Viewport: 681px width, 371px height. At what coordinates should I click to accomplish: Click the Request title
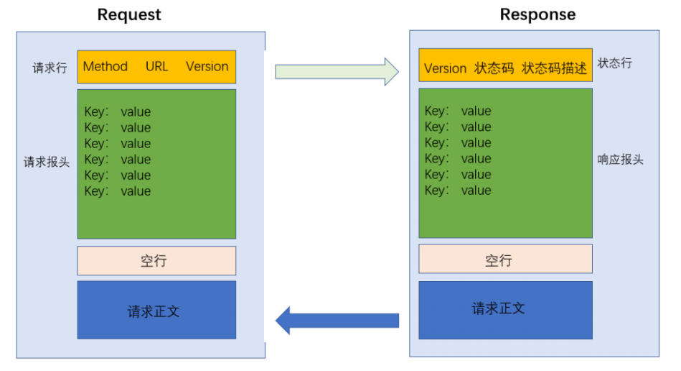(129, 15)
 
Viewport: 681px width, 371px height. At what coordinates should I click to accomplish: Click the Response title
(537, 14)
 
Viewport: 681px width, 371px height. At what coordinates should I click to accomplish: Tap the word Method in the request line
(105, 67)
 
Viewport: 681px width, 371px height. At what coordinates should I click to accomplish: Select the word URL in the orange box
(156, 67)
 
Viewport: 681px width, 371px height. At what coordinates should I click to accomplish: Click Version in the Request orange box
(207, 67)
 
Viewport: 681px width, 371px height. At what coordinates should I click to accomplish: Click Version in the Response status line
(445, 69)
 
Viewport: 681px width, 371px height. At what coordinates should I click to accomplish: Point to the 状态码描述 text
(554, 68)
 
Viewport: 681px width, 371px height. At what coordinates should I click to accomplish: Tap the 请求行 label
(50, 68)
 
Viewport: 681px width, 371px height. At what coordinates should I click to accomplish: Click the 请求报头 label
(47, 162)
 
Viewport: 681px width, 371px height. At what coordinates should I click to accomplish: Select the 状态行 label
(614, 63)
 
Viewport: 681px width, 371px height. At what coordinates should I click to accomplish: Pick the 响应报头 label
(620, 160)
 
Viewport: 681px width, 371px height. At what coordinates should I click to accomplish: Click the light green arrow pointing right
(337, 71)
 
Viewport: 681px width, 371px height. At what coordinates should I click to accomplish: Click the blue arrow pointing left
(337, 321)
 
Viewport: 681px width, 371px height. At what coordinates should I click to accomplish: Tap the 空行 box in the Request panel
(156, 260)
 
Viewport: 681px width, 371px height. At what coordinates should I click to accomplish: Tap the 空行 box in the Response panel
(505, 259)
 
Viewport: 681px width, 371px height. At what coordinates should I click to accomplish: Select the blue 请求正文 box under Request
(156, 310)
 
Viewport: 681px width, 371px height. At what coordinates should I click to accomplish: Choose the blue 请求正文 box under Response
(505, 310)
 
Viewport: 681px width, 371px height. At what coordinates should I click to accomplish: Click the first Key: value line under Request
(118, 111)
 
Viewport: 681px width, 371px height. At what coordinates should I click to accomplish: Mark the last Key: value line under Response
(459, 191)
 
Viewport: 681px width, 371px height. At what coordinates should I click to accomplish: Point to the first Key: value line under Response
(459, 111)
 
